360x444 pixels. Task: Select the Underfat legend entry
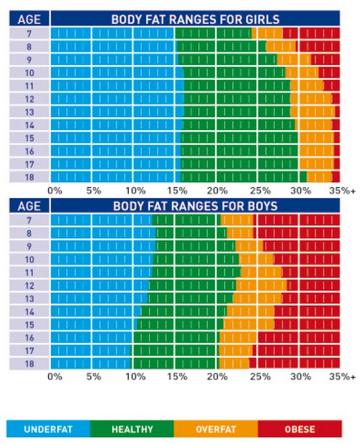(48, 429)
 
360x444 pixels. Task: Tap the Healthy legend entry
(132, 429)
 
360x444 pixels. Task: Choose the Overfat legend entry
(216, 429)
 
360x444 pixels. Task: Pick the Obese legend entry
(300, 429)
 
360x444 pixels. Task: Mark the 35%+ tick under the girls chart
(342, 190)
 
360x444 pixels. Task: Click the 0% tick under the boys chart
(55, 376)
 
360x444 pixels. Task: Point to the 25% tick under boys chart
(260, 376)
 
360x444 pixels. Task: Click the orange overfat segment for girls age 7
(267, 33)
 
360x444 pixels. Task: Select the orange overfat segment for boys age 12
(264, 285)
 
